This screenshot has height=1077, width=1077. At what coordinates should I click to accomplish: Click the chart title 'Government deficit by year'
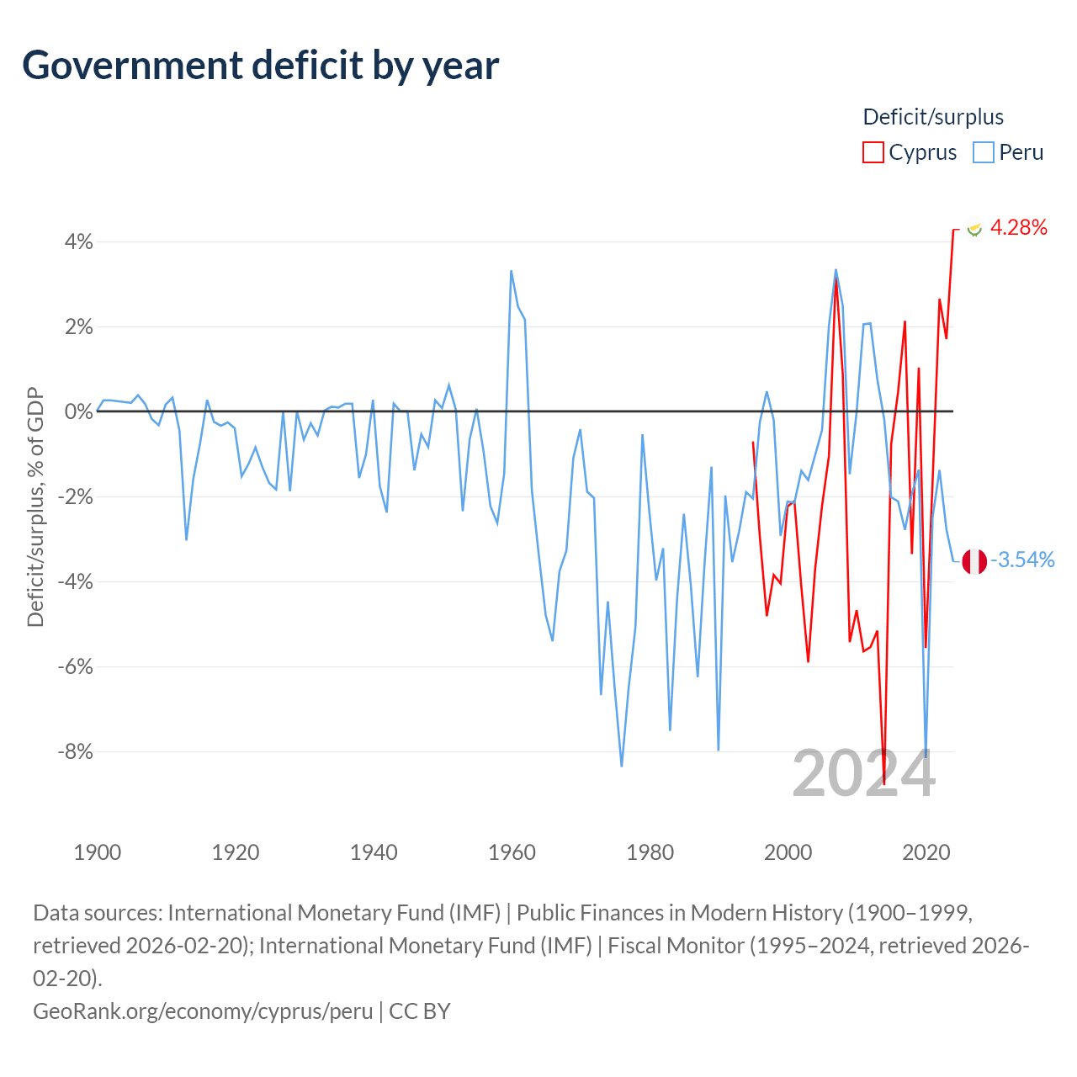point(260,66)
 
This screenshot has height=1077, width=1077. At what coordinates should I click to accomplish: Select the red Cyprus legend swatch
point(873,152)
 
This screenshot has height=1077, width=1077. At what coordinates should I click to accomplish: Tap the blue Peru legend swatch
point(983,152)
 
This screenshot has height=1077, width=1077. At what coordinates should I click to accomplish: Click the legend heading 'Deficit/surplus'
point(933,117)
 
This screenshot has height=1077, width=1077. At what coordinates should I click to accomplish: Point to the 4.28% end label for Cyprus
point(1018,227)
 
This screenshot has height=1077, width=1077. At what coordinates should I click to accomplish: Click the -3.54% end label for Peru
point(1022,560)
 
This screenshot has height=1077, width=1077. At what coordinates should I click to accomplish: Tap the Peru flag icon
point(974,561)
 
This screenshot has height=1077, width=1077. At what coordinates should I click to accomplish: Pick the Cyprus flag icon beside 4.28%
point(974,228)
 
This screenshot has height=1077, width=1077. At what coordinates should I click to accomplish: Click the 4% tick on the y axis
point(79,242)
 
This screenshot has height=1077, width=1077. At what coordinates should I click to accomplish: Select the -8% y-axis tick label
point(76,751)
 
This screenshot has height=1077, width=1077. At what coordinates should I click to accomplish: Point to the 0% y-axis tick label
point(79,412)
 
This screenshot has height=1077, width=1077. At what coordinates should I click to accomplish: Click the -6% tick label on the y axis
point(76,666)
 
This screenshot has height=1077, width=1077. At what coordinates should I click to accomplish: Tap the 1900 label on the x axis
point(98,853)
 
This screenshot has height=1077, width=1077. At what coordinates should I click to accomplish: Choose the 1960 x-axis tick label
point(512,853)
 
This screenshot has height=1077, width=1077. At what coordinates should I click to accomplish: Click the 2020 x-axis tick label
point(926,853)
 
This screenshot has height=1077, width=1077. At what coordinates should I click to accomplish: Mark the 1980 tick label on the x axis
point(650,853)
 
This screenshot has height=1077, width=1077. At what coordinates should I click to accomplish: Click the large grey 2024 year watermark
point(863,773)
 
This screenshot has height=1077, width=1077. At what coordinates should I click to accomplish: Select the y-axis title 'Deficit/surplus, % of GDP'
point(36,507)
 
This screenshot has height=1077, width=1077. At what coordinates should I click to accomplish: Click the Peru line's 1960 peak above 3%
point(511,271)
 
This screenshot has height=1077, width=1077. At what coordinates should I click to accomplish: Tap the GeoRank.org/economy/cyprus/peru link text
point(203,1011)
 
